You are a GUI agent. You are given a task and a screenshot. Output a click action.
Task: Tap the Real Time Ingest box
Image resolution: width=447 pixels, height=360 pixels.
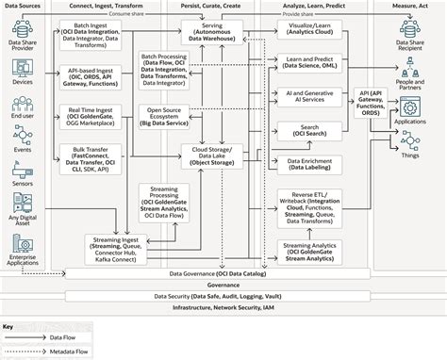coord(95,118)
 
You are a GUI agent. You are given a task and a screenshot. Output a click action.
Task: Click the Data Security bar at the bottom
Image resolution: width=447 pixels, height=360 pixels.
coord(223,295)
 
